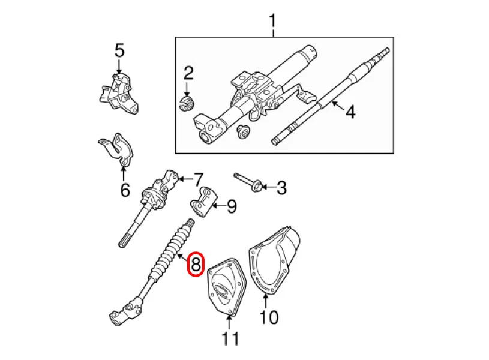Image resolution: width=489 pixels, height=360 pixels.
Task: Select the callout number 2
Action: point(188,74)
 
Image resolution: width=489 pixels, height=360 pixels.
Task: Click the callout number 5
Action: point(119,50)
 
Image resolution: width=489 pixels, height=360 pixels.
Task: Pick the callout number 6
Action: point(124,190)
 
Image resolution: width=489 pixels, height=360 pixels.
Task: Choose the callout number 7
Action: point(197,179)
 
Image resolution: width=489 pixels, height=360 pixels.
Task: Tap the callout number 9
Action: point(231,206)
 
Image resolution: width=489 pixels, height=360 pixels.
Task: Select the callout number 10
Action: point(269,317)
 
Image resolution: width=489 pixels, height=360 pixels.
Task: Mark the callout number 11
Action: point(230,339)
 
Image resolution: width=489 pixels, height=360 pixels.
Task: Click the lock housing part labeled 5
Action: point(119,92)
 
